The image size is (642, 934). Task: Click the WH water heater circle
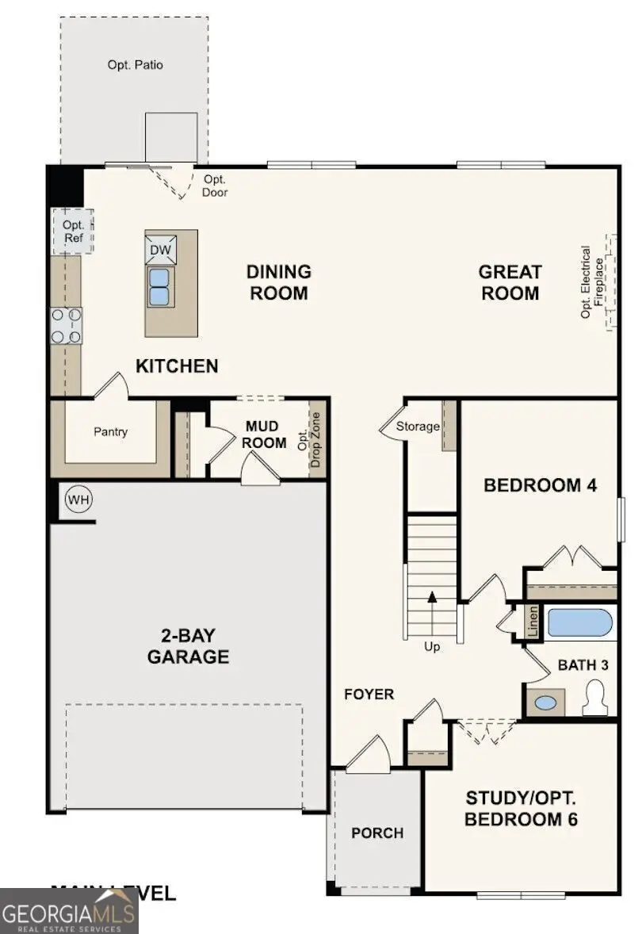click(x=78, y=500)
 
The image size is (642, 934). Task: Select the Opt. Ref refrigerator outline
click(x=73, y=231)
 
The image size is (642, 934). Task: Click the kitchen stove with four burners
click(x=67, y=326)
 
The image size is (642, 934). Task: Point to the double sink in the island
click(x=159, y=286)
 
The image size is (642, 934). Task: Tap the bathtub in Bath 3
click(x=580, y=623)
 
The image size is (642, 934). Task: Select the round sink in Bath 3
click(x=546, y=702)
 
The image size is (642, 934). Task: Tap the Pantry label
click(x=111, y=432)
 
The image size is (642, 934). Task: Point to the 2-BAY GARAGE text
click(x=188, y=646)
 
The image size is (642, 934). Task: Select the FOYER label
click(x=369, y=695)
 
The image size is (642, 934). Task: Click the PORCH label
click(x=377, y=833)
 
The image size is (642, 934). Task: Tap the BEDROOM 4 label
click(x=540, y=485)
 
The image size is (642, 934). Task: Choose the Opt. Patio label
click(x=136, y=65)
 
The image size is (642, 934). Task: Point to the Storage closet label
click(x=418, y=427)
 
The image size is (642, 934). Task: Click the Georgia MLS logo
click(x=69, y=909)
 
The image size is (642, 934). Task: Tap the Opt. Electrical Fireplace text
click(x=592, y=282)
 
